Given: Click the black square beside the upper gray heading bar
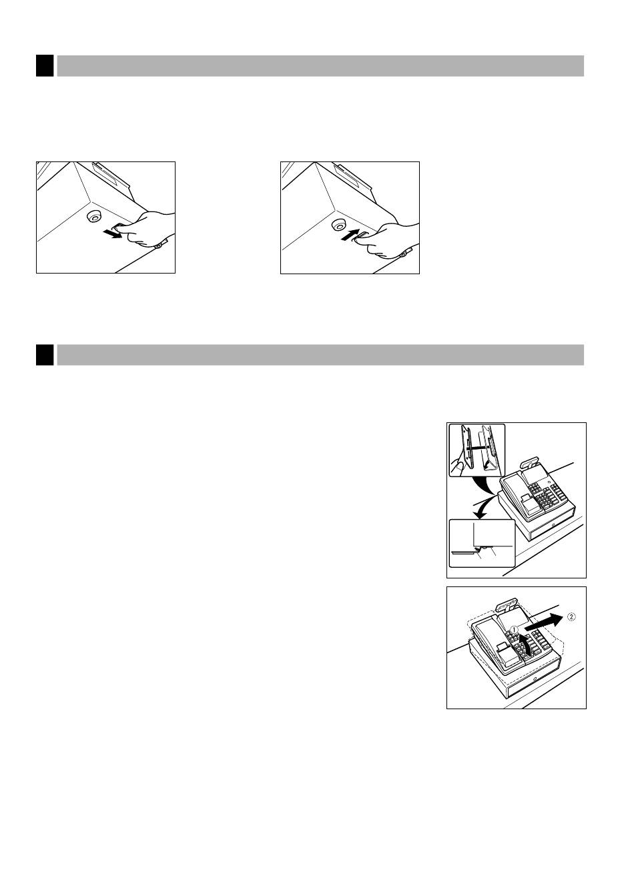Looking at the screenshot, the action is pos(45,66).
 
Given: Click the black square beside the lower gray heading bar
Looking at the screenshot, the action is pos(45,355).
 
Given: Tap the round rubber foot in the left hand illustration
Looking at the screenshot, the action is pos(94,217).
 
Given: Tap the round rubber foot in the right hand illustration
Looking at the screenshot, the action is pos(339,226).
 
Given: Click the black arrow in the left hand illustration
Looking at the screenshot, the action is pos(112,234).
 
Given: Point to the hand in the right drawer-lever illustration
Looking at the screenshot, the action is pos(390,242).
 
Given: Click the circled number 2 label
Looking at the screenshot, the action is pos(571,617).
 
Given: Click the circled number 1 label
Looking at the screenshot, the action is pos(515,629).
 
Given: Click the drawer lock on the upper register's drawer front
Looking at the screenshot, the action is pos(553,525).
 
